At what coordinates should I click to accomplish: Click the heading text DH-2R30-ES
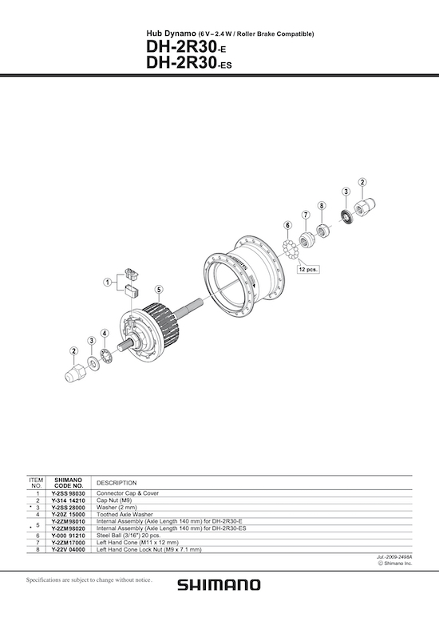(189, 63)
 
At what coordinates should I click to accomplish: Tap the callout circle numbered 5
(159, 290)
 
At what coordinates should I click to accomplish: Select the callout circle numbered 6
(287, 225)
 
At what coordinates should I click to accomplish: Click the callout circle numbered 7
(306, 215)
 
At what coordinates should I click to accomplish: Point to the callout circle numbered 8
(322, 206)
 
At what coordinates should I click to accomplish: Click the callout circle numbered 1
(108, 283)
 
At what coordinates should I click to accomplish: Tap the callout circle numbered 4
(105, 333)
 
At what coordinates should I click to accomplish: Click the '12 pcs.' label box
(308, 269)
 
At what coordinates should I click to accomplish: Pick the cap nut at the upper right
(365, 207)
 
